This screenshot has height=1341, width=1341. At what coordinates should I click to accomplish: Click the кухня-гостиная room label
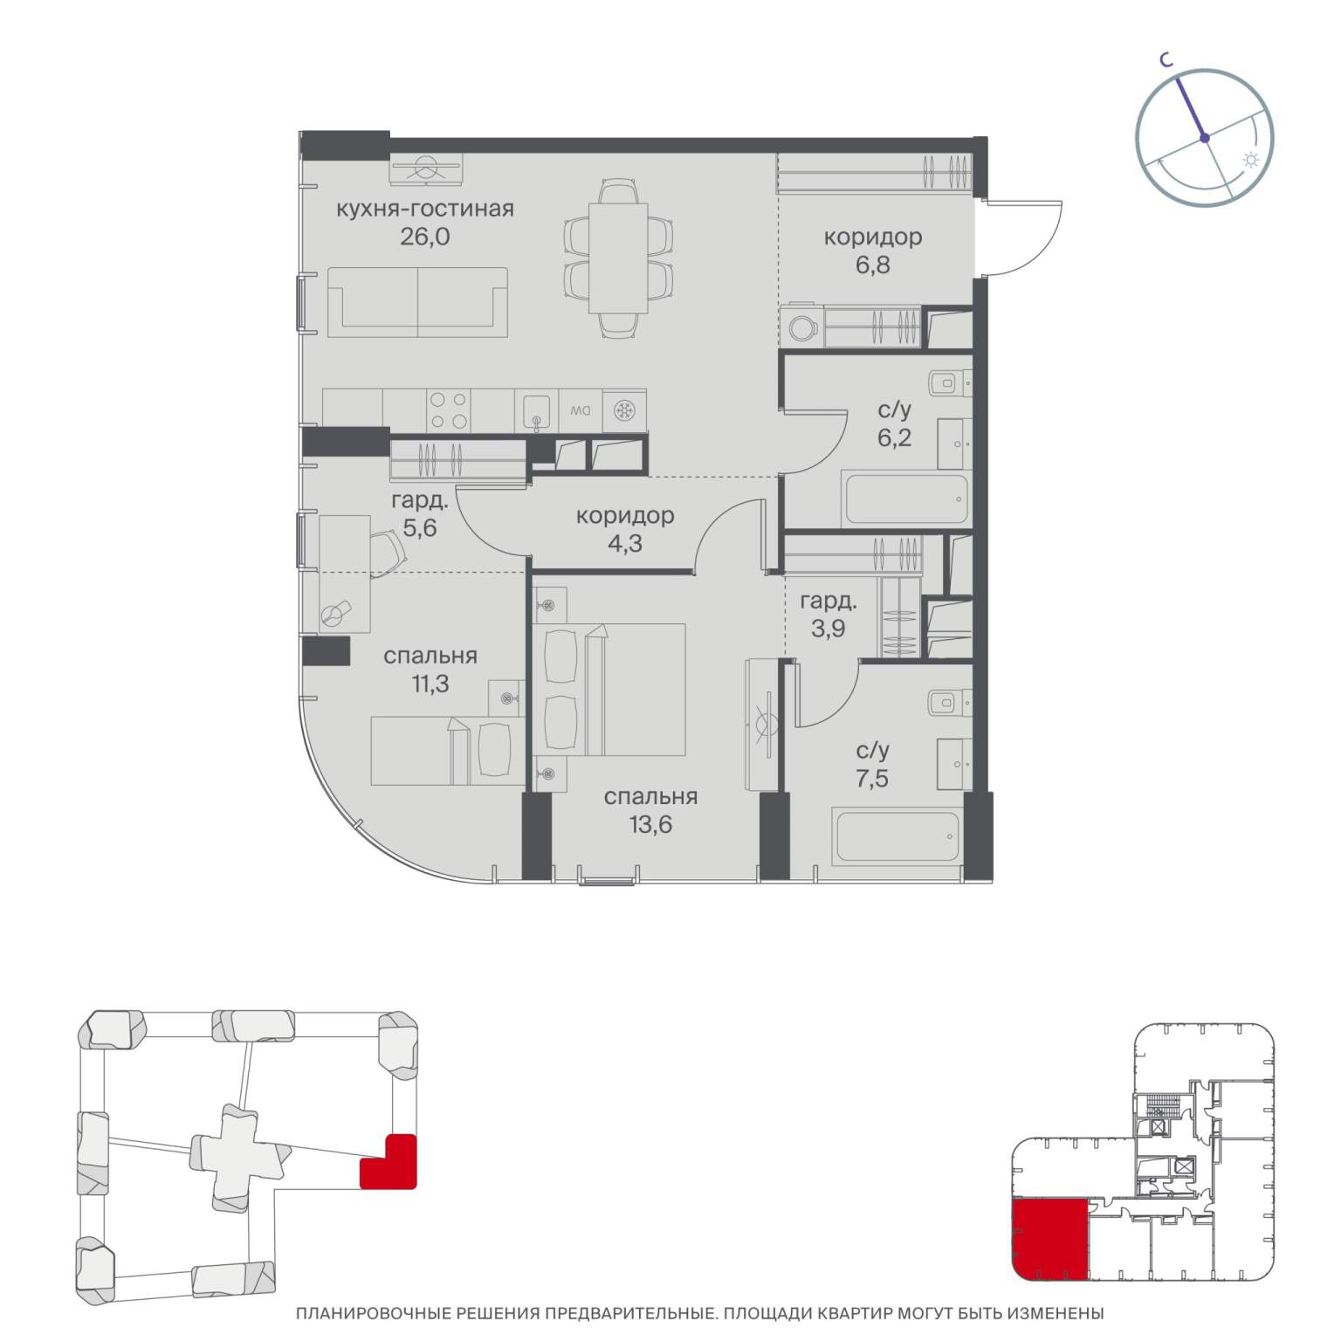pos(425,209)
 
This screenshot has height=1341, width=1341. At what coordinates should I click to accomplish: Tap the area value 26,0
pos(425,237)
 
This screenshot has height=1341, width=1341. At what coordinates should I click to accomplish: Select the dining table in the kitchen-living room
pos(617,258)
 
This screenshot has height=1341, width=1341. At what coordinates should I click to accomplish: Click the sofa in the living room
pos(417,302)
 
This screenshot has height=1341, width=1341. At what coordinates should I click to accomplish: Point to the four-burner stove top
pos(449,409)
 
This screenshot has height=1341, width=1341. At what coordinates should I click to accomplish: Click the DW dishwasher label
pos(580,409)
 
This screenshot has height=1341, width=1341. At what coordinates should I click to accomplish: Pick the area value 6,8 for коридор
pos(872,264)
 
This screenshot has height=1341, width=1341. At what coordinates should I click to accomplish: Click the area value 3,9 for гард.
pos(828,629)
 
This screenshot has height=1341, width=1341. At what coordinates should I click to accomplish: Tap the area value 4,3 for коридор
pos(624,543)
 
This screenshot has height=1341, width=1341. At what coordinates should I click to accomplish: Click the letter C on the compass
pos(1165,60)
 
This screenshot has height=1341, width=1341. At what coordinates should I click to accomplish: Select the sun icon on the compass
pos(1251,160)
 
